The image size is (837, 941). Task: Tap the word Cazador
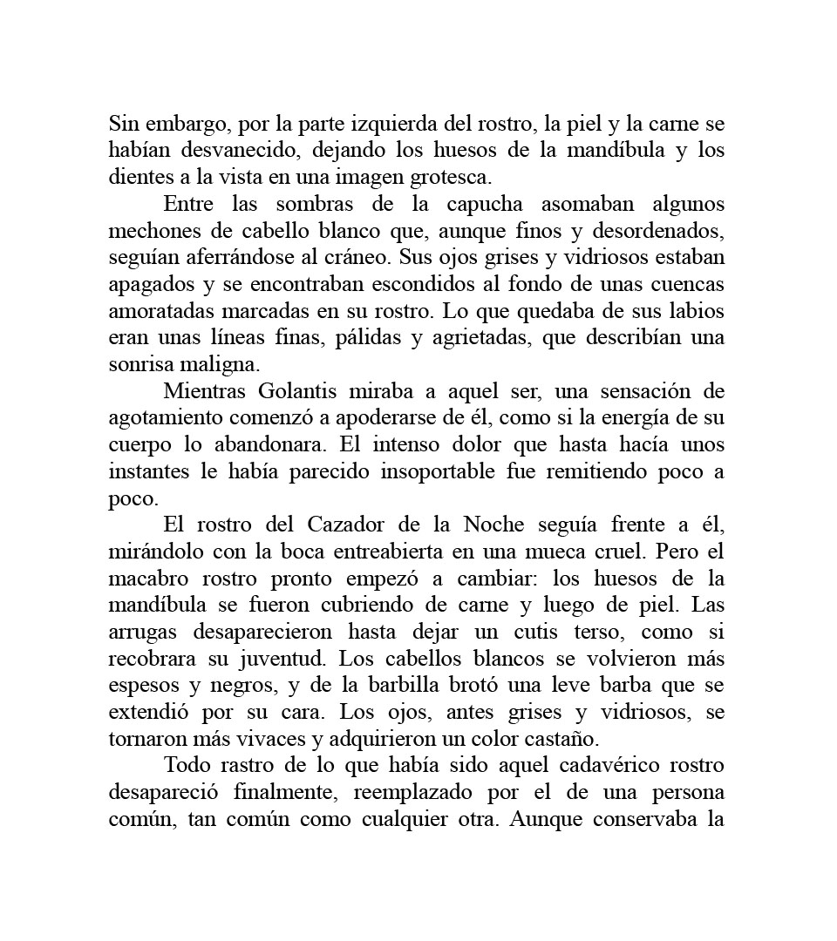[344, 525]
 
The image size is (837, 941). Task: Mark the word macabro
[146, 579]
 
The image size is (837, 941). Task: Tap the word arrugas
[141, 633]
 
